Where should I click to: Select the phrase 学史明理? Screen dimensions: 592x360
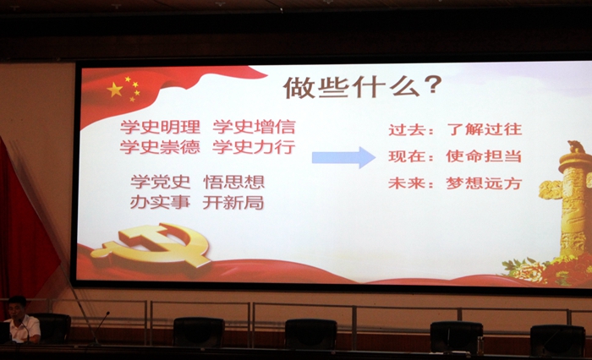click(160, 127)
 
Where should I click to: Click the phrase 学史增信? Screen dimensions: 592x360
click(254, 127)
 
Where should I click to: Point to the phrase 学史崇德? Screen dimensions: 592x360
click(160, 147)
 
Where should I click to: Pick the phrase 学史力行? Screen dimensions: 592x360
click(254, 147)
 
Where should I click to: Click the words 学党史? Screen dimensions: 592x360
click(160, 182)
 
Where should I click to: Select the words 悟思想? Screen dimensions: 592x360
click(234, 182)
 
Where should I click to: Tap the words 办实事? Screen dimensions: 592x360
click(160, 202)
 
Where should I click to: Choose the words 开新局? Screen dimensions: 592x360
click(233, 202)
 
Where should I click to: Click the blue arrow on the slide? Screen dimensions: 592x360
click(343, 157)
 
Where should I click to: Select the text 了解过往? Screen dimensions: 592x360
click(485, 129)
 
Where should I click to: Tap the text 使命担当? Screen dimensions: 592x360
click(484, 155)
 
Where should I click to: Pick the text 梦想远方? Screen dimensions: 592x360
click(484, 183)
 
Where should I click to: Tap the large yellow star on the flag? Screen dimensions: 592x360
click(115, 90)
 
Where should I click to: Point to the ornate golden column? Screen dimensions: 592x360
click(570, 200)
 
